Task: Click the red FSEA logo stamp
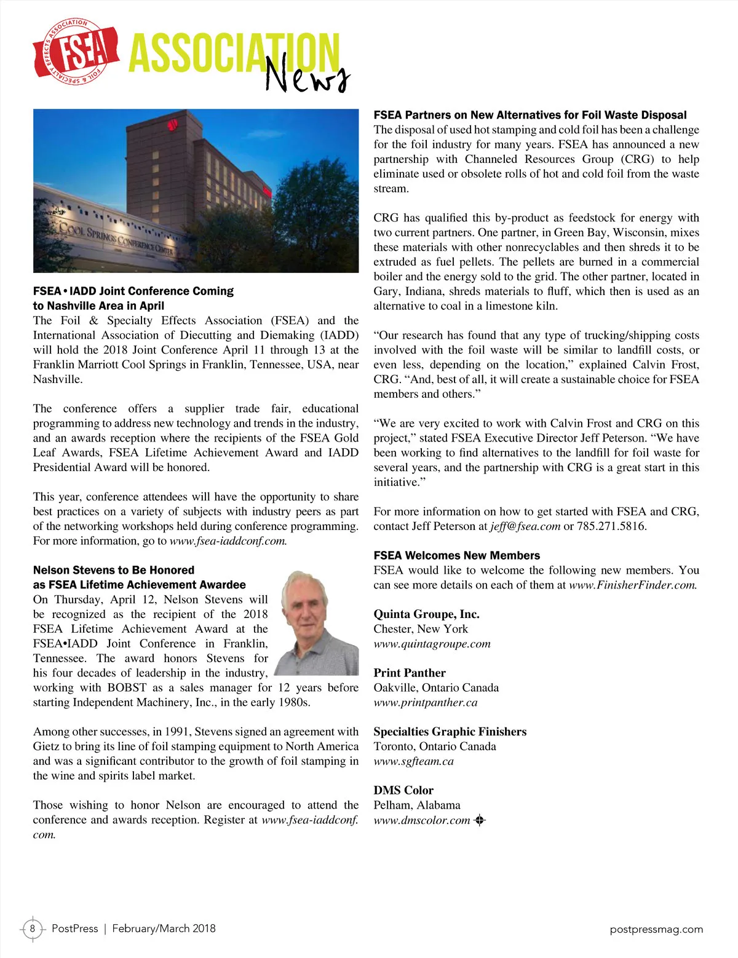point(76,52)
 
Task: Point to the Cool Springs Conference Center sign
point(117,240)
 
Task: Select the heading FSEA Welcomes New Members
point(456,555)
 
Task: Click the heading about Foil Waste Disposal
point(530,115)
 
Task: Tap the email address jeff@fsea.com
point(525,526)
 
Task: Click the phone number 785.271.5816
point(611,526)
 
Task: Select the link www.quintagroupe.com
point(432,644)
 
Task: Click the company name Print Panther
point(410,673)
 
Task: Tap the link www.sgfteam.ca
point(413,761)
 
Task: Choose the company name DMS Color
point(403,790)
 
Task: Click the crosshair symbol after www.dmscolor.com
point(480,820)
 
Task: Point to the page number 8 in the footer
point(33,928)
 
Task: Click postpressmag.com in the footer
point(656,929)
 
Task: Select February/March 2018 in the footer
point(164,928)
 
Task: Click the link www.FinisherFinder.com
point(633,585)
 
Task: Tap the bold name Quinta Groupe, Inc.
point(426,614)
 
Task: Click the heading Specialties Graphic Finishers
point(450,732)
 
